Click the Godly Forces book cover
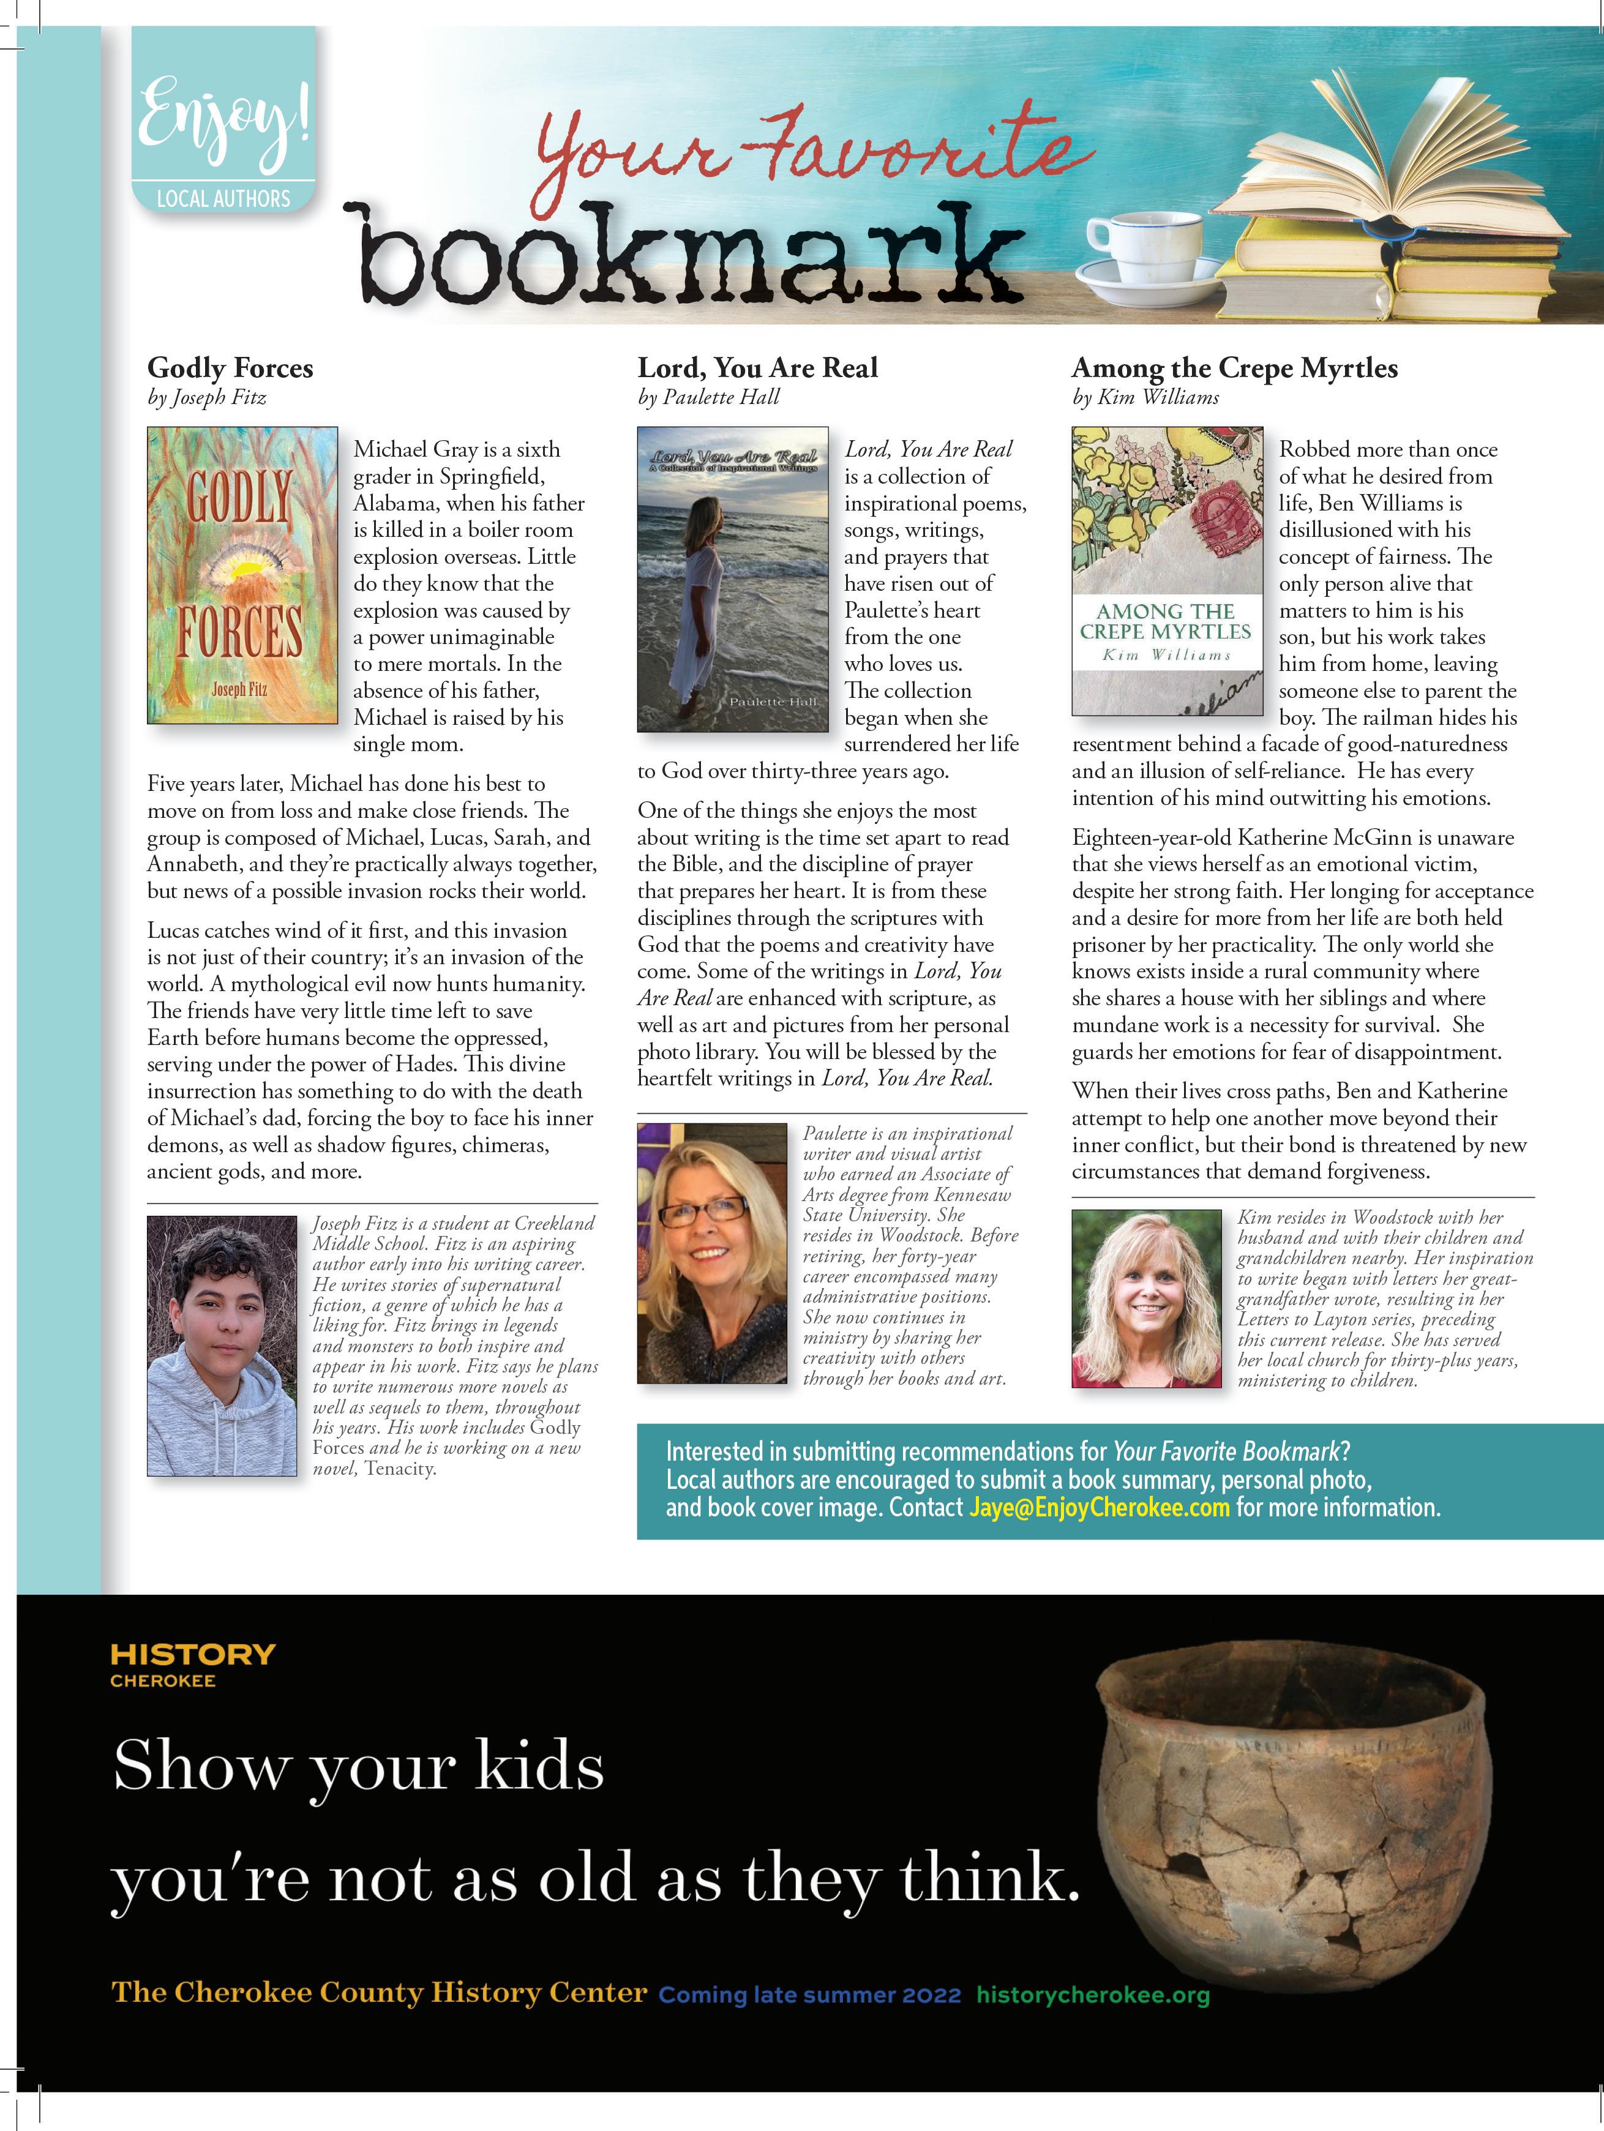(242, 574)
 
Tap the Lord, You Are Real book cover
(732, 579)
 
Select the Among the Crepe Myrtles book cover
(1167, 571)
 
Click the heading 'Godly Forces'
(230, 368)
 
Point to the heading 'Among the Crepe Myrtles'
(1234, 368)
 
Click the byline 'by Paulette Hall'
(708, 397)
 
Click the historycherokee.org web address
(1092, 1994)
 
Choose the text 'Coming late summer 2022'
(809, 1995)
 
